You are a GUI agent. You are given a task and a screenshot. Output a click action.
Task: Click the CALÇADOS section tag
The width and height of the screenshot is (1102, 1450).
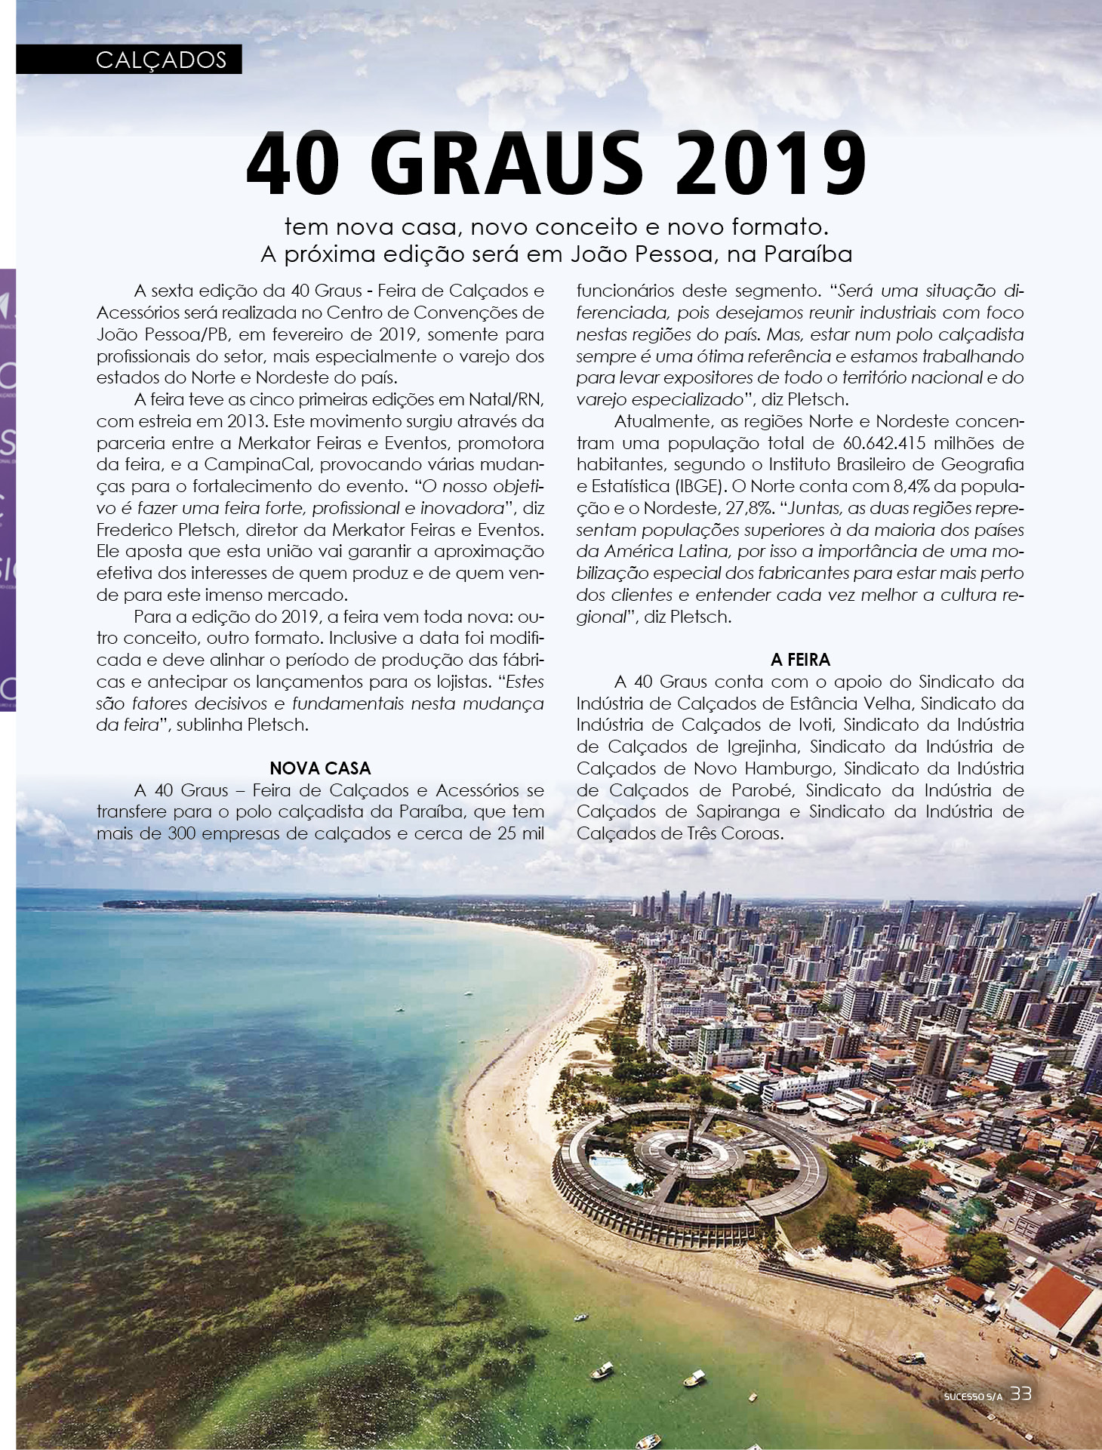(161, 60)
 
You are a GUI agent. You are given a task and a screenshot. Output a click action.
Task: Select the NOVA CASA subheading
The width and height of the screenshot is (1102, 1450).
(320, 768)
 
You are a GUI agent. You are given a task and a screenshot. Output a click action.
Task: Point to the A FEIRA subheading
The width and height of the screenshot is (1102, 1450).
(800, 660)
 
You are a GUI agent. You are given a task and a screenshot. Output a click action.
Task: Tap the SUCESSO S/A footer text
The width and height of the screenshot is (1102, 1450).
(972, 1396)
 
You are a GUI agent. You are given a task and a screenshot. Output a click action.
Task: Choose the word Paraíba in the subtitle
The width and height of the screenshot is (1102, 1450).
(808, 254)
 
